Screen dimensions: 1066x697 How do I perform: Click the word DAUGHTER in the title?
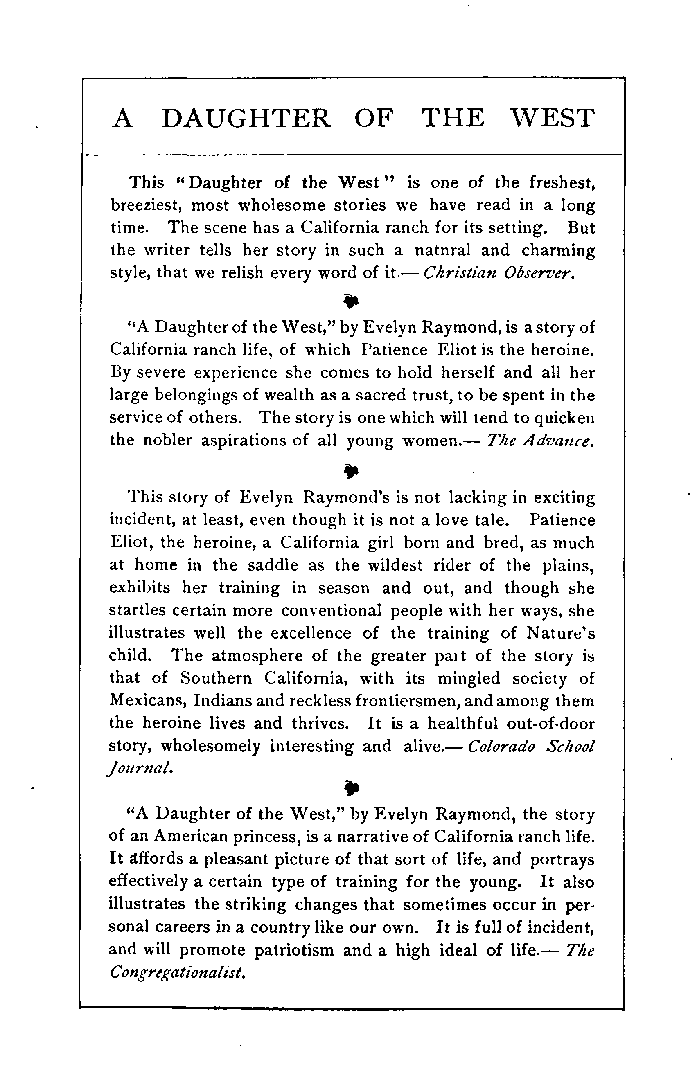[x=246, y=118]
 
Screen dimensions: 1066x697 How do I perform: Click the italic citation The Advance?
[x=540, y=440]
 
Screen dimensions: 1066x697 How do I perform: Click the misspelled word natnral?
[x=442, y=250]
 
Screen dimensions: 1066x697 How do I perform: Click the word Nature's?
[x=560, y=632]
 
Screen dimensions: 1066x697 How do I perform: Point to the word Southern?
[x=217, y=678]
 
